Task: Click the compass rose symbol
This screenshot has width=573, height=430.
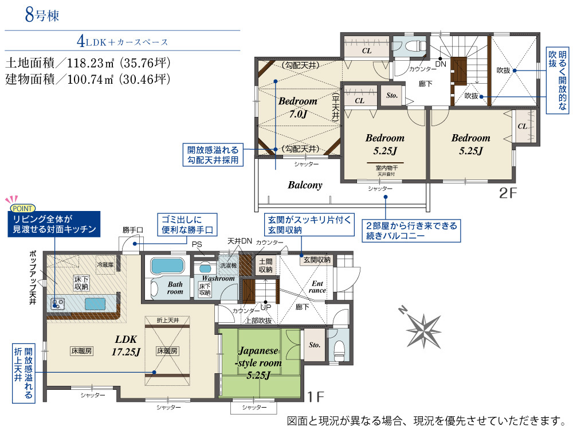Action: [424, 330]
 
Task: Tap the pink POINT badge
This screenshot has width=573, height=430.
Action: [22, 209]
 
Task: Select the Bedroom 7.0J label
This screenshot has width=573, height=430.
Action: [298, 108]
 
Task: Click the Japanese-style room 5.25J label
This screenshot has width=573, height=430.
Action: [258, 363]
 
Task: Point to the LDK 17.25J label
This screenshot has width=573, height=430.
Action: [126, 346]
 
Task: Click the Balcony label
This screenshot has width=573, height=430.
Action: [305, 185]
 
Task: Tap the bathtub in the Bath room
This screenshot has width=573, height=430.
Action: [167, 266]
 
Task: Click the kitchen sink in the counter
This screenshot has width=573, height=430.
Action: [95, 304]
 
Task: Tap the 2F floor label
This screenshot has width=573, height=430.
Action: [508, 193]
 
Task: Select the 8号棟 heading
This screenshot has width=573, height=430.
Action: [42, 15]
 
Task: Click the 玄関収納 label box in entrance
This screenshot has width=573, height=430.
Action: [317, 260]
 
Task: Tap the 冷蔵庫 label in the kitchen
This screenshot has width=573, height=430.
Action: [105, 264]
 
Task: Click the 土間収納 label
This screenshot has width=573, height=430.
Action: [266, 265]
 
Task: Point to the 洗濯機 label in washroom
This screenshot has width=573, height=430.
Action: [229, 265]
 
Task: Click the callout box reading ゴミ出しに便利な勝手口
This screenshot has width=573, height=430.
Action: [187, 225]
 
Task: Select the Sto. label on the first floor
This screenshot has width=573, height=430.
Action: [314, 345]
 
